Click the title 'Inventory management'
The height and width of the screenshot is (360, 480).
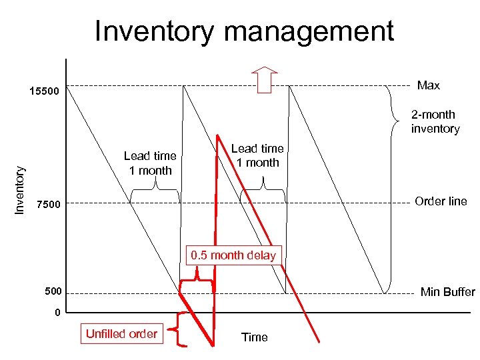(x=244, y=31)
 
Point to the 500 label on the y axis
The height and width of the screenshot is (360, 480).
(x=53, y=292)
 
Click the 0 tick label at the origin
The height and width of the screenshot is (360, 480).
(x=58, y=313)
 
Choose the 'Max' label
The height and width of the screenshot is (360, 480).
(x=428, y=85)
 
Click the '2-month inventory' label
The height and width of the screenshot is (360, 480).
(x=435, y=121)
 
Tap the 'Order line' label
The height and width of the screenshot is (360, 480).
(x=441, y=201)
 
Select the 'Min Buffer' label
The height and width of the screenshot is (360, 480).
(x=447, y=292)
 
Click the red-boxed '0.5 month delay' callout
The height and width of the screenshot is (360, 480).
(x=233, y=255)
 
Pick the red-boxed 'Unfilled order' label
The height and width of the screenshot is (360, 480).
(x=121, y=333)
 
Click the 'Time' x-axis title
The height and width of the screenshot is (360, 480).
(x=254, y=337)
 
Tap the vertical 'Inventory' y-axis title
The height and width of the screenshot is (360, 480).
(x=20, y=190)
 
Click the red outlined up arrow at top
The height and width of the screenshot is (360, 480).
(x=265, y=79)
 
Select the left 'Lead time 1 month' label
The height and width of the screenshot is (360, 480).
(x=150, y=163)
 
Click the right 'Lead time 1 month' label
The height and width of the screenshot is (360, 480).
(x=257, y=155)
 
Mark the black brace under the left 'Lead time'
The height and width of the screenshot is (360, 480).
(x=155, y=193)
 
